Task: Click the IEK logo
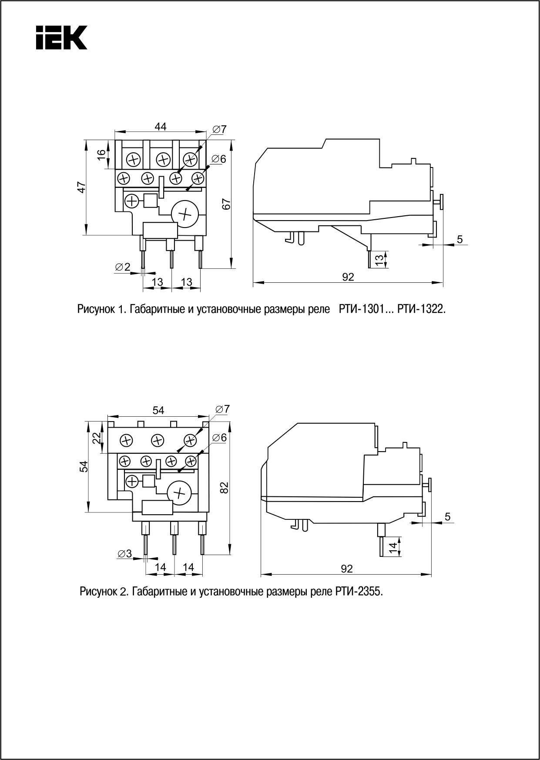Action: [61, 37]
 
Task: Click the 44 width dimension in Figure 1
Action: [161, 127]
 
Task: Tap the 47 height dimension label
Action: [81, 187]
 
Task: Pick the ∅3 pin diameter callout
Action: [124, 553]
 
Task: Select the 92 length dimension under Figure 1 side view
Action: [348, 277]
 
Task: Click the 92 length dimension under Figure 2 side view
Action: [347, 569]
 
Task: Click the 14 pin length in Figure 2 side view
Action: [393, 548]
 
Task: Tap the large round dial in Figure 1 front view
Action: [185, 214]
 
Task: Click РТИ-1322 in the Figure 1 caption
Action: [422, 309]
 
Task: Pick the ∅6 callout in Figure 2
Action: [220, 438]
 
